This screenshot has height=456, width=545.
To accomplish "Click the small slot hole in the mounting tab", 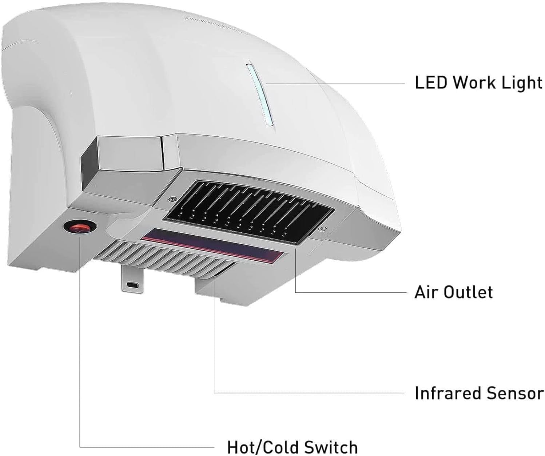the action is [x=130, y=284].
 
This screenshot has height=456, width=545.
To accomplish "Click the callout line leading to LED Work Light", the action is [x=335, y=83].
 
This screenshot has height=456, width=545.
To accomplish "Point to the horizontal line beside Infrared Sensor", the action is [x=309, y=393].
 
